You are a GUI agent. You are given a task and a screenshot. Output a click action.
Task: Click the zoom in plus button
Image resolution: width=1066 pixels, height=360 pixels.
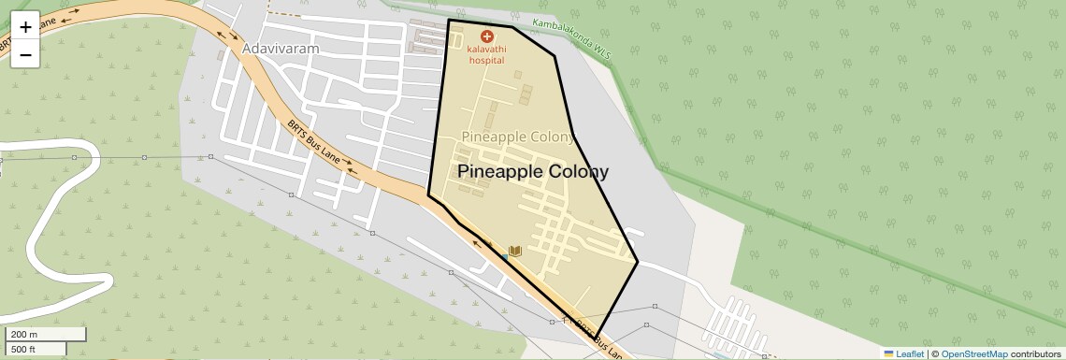[25, 27]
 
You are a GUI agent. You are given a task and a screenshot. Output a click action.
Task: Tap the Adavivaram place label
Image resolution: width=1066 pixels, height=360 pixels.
[281, 48]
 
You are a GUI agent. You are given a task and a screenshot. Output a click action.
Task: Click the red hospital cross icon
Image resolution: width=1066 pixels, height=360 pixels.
[486, 36]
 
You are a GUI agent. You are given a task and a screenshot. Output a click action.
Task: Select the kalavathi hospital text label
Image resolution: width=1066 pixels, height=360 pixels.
[486, 54]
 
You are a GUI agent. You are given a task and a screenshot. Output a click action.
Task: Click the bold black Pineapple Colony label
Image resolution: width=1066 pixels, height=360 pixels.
[533, 172]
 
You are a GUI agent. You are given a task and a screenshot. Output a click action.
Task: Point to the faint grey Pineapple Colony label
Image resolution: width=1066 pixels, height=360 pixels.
[517, 137]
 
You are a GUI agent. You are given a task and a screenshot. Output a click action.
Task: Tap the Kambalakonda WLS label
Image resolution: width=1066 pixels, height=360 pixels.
[570, 38]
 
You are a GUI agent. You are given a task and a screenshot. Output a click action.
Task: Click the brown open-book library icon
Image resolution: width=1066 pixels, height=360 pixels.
[515, 251]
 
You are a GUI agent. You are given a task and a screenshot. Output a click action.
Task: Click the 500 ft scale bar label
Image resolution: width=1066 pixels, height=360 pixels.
[23, 350]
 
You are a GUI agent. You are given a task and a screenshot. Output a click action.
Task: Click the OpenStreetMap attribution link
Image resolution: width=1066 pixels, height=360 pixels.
[974, 354]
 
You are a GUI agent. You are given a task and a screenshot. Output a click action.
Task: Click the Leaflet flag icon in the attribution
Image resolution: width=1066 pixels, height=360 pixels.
[889, 354]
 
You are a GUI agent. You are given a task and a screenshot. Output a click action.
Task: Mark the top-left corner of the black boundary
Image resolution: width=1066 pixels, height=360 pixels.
[449, 20]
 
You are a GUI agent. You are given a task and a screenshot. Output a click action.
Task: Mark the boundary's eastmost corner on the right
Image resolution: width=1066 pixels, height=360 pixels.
[638, 263]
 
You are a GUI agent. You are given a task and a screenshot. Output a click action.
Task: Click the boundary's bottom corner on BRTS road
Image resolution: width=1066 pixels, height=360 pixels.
[597, 337]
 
